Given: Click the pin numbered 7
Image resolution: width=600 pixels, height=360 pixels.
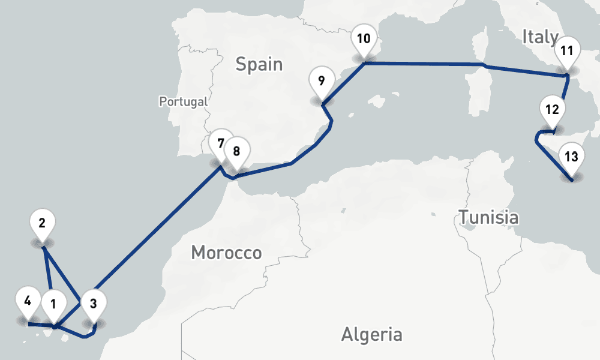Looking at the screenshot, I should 221,145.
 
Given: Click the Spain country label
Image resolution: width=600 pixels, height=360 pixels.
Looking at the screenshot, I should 259,64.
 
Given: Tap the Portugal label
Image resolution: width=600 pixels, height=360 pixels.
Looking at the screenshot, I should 183,101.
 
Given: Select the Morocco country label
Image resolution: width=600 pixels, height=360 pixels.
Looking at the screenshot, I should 226,253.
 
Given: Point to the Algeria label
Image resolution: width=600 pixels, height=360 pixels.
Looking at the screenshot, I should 371,334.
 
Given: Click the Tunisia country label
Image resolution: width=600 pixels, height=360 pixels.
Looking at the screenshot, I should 488,217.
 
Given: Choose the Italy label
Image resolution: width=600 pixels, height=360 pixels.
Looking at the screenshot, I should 540,37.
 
